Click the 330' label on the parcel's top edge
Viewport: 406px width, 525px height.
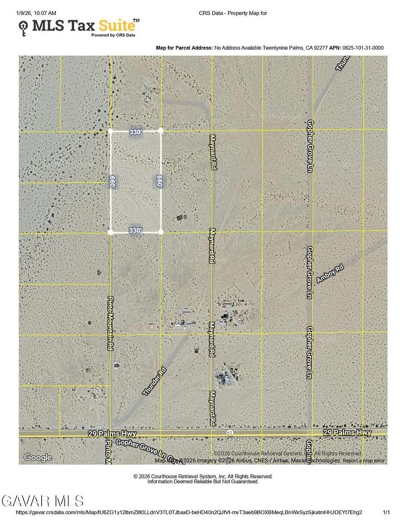(x=135, y=132)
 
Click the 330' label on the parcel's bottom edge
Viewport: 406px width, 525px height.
(x=135, y=230)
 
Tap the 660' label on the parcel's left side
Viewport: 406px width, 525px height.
(x=112, y=182)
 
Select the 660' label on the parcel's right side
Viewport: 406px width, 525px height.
(x=159, y=182)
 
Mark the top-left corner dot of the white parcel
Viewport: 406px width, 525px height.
(x=110, y=131)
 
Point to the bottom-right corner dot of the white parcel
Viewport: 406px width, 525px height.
(x=161, y=232)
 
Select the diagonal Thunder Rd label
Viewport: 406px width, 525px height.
(x=154, y=381)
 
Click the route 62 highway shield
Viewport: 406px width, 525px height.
(x=230, y=433)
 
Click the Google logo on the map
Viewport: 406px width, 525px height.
(x=38, y=457)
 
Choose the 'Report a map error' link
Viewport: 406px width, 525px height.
(x=363, y=460)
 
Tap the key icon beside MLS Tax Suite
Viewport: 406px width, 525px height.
(x=23, y=28)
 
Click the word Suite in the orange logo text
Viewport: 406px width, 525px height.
(x=117, y=26)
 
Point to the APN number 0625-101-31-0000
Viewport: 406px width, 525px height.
(x=363, y=48)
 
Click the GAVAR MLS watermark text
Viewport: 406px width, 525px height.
(x=43, y=501)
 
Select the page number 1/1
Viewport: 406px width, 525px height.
(x=386, y=512)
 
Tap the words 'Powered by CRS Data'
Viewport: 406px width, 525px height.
(x=113, y=35)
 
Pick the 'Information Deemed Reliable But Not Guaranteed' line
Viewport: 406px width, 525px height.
(x=203, y=482)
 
